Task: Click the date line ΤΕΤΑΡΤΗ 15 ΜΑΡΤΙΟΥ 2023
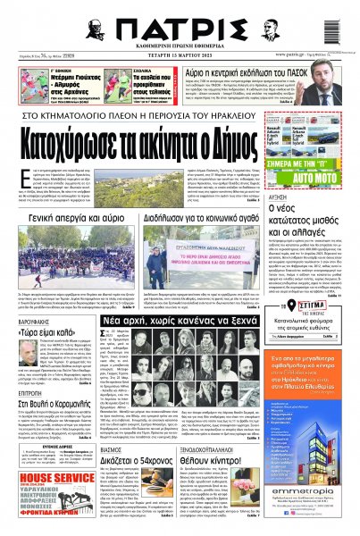[180, 53]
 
